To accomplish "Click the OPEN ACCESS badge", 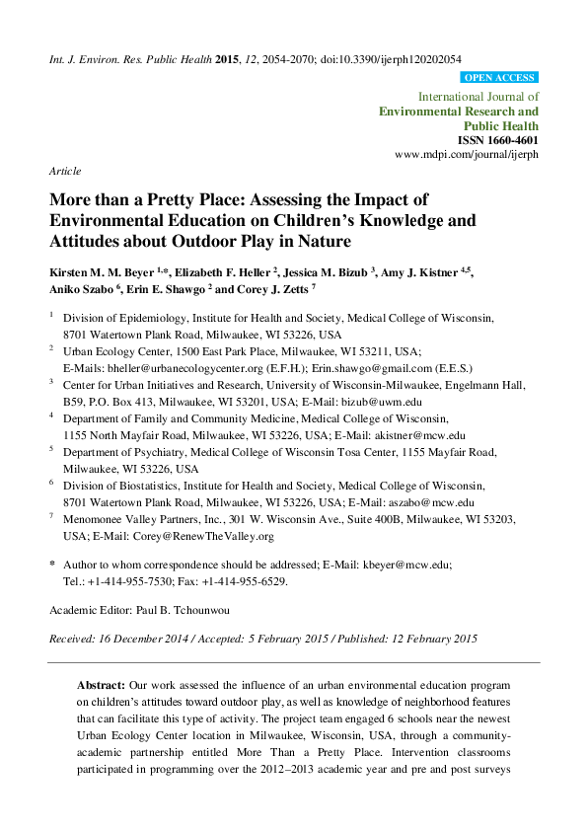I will pyautogui.click(x=499, y=77).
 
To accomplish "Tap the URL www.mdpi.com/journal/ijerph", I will pyautogui.click(x=467, y=156).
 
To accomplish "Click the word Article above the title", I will pyautogui.click(x=65, y=171).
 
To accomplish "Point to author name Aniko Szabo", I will pyautogui.click(x=81, y=289).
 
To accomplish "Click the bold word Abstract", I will pyautogui.click(x=101, y=684).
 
